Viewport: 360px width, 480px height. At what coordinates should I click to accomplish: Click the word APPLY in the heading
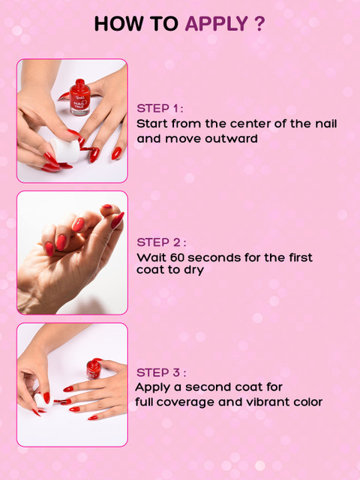click(217, 23)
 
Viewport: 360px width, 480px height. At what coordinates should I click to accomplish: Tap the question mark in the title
click(259, 23)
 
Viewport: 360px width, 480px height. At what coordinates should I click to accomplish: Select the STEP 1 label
click(160, 108)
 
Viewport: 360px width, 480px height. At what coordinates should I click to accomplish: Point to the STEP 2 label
click(161, 242)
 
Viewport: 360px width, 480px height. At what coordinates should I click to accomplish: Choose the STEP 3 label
click(161, 373)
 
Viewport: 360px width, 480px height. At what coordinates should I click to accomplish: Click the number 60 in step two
click(178, 257)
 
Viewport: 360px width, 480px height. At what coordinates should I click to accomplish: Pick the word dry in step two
click(193, 271)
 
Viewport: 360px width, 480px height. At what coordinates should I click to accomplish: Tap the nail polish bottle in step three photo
click(93, 368)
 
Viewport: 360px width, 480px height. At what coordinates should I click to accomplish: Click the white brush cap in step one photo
click(65, 150)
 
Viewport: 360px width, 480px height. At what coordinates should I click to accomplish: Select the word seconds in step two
click(215, 258)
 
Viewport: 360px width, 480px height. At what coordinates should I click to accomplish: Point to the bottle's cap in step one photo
click(80, 83)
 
